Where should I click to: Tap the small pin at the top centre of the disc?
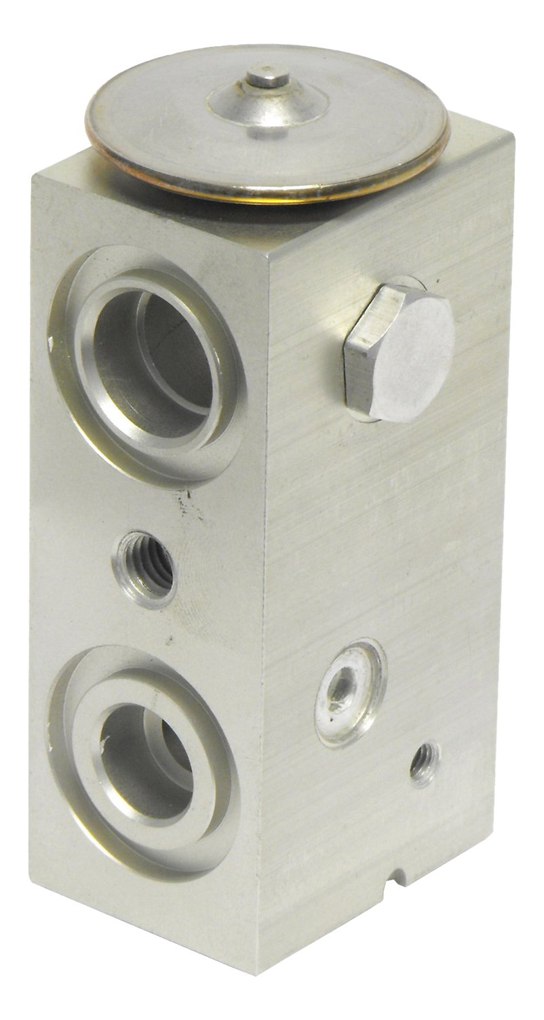pyautogui.click(x=265, y=79)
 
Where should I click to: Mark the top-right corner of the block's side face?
pyautogui.click(x=512, y=136)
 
